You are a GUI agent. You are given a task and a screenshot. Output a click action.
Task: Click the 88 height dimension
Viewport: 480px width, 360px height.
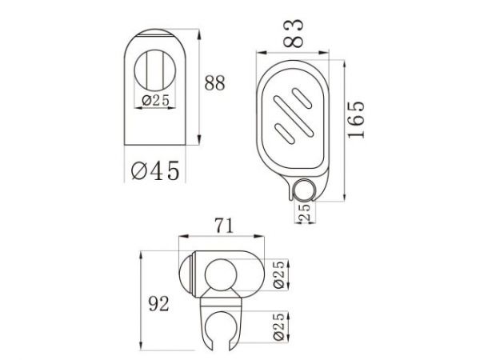click(x=214, y=83)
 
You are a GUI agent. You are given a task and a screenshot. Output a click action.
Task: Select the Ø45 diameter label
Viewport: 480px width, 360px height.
click(x=154, y=170)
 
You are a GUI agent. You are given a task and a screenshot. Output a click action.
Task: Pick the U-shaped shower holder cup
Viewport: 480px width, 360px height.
click(x=222, y=325)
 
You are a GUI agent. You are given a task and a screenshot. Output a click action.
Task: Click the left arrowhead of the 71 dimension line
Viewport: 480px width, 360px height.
click(x=181, y=237)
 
